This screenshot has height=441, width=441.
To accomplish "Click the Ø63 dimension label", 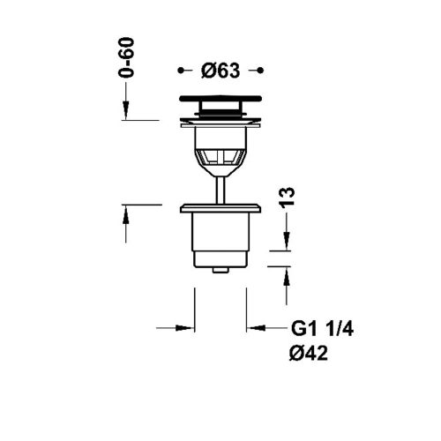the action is pos(220,71).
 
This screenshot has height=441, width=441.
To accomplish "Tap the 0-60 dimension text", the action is pos(126,57).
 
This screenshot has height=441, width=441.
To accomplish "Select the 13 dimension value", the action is pos(287,198).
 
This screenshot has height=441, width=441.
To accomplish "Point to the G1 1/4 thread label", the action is pos(322,329).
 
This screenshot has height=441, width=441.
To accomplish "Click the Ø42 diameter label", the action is pos(309,353).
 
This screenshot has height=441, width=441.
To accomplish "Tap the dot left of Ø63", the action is pos(181,71).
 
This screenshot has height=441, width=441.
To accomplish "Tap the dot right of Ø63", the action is pos(260,71).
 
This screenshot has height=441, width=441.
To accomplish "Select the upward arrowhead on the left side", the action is pos(126,214).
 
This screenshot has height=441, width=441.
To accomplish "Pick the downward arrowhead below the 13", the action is pos(287,241).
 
